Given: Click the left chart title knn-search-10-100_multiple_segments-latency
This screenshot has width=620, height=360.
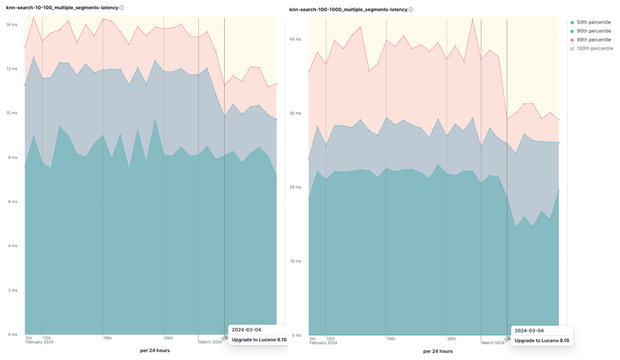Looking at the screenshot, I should [x=62, y=8].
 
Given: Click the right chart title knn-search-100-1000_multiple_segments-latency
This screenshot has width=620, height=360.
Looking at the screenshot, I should [x=348, y=10].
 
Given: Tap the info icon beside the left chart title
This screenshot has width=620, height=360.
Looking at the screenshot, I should [x=122, y=8].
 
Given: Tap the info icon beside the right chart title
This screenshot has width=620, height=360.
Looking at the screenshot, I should [x=411, y=10].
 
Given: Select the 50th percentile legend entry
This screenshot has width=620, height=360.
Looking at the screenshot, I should [x=593, y=22].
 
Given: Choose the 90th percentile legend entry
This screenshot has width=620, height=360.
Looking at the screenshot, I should [x=593, y=31].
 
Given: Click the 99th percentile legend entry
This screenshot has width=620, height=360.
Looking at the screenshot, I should [x=593, y=40].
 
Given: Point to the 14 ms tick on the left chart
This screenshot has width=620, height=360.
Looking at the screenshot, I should [x=11, y=25].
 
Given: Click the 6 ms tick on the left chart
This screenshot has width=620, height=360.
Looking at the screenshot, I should [x=12, y=202].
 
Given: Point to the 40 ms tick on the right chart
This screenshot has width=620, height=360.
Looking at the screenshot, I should [x=295, y=39].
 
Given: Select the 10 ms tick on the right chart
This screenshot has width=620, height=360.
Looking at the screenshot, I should [x=295, y=261].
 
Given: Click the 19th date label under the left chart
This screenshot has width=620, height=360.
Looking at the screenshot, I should [x=108, y=338].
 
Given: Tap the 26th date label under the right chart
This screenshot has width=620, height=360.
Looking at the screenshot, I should [x=452, y=339].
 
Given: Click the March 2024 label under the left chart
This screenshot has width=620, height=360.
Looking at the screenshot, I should [x=210, y=342].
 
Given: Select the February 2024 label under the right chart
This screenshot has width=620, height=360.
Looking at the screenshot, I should [x=323, y=343].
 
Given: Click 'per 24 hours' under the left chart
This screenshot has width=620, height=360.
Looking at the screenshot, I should [x=155, y=350].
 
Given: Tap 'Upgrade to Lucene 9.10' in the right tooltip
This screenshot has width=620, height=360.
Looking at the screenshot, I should [x=541, y=340].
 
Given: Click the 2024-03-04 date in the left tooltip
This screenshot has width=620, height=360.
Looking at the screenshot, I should [x=247, y=329].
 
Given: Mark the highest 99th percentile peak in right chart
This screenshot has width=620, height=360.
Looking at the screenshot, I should [x=473, y=20].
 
